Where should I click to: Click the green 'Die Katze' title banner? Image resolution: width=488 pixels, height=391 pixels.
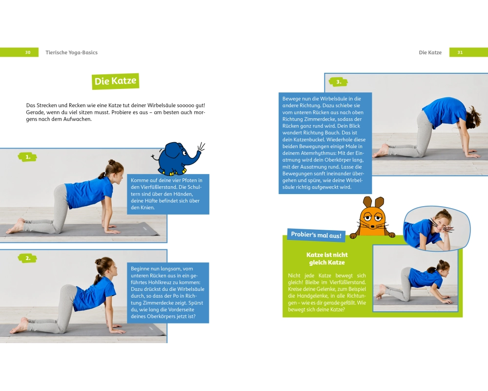click(116, 81)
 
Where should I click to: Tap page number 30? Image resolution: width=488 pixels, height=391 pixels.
click(28, 52)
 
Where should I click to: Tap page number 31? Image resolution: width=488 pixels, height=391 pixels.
click(460, 52)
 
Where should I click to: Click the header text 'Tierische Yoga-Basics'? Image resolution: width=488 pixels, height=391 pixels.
click(72, 52)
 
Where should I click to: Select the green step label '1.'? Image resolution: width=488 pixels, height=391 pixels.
click(28, 157)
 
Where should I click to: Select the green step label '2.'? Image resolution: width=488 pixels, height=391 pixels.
click(28, 258)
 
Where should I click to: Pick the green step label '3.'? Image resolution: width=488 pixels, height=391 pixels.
click(338, 82)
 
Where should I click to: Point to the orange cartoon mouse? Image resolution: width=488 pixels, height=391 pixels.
click(372, 217)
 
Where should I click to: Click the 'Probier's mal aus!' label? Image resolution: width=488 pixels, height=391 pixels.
click(316, 235)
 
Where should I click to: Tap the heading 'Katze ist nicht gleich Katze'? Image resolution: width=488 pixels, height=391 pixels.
click(327, 259)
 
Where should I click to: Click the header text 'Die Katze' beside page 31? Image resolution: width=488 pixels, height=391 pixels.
click(430, 52)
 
